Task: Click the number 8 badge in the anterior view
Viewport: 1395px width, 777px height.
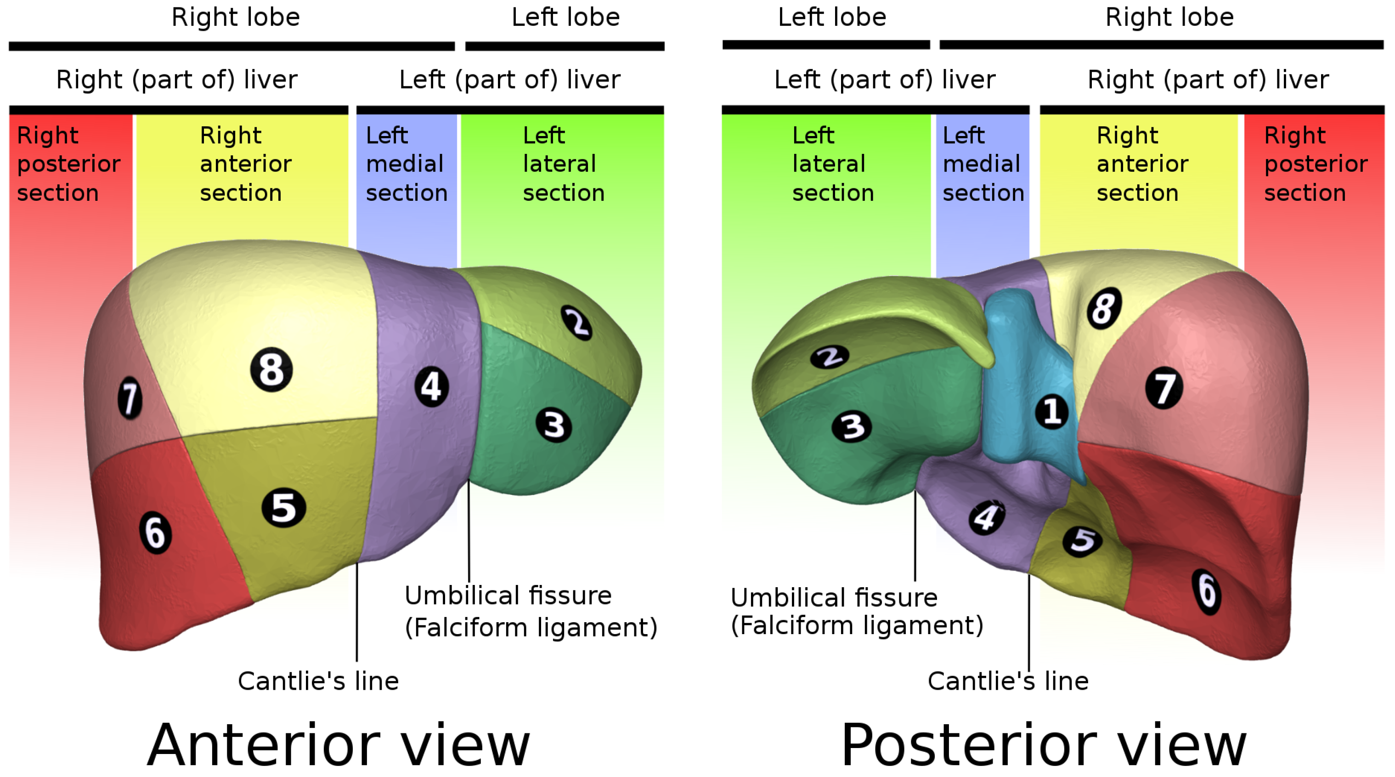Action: pos(271,370)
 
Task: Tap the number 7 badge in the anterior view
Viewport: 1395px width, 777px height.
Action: pos(130,399)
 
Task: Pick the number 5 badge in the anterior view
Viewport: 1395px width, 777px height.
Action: pos(283,508)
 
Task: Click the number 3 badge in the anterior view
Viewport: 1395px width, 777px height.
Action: pos(553,425)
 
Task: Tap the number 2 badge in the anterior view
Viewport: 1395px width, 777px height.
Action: pos(577,323)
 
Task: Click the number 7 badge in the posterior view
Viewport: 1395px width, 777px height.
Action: pos(1164,388)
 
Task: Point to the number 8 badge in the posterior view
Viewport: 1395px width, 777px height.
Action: pos(1104,308)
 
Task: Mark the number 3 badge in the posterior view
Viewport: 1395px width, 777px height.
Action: pos(851,427)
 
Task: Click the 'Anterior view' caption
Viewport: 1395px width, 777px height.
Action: pos(339,746)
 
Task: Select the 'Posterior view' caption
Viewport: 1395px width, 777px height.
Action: pos(1044,746)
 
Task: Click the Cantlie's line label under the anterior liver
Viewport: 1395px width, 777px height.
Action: pos(318,681)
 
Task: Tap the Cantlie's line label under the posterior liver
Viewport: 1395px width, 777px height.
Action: pos(1008,681)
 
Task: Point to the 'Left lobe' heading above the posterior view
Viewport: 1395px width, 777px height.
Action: pos(832,17)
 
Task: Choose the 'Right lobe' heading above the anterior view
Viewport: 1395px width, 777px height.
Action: pos(236,17)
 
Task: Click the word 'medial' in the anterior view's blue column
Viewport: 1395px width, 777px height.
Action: pos(405,164)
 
